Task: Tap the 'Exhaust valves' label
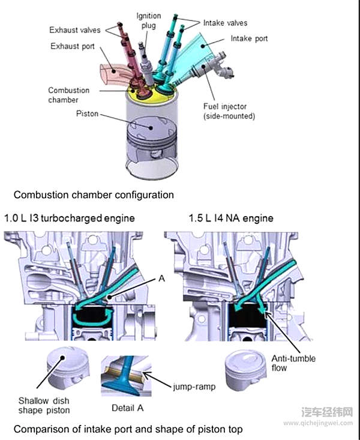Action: [x=75, y=29]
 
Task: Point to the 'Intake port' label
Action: [x=249, y=38]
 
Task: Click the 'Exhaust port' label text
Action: [x=71, y=46]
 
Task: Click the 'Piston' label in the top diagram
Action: [x=87, y=113]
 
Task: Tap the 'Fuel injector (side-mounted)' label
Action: [x=229, y=111]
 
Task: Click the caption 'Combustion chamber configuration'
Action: [x=94, y=195]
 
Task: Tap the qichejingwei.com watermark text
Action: [x=326, y=423]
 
